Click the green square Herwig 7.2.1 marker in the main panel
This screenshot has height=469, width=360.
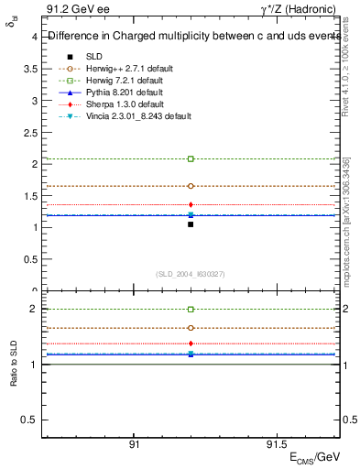[x=191, y=158]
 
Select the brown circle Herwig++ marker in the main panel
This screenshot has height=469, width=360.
[x=191, y=186]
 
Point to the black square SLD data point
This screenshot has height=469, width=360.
[x=191, y=224]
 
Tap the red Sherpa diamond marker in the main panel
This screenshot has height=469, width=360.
[x=191, y=204]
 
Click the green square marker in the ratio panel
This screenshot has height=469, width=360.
[x=191, y=310]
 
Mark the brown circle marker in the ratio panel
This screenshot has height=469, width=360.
[x=191, y=327]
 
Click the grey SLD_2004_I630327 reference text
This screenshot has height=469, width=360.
[x=191, y=273]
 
